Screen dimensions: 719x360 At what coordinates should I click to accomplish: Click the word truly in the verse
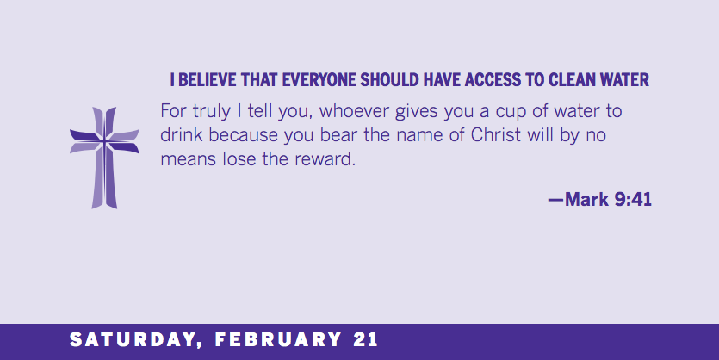coord(211,112)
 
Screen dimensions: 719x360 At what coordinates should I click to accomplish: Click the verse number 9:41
coord(633,200)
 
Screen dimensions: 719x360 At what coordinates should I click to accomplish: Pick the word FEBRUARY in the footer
coord(278,340)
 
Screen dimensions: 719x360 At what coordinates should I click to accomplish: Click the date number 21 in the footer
coord(365,340)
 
